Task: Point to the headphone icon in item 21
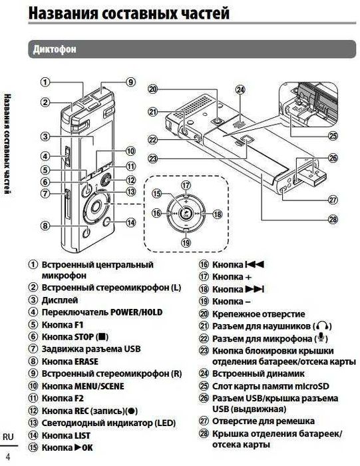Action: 323,326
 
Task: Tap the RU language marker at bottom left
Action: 8,436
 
